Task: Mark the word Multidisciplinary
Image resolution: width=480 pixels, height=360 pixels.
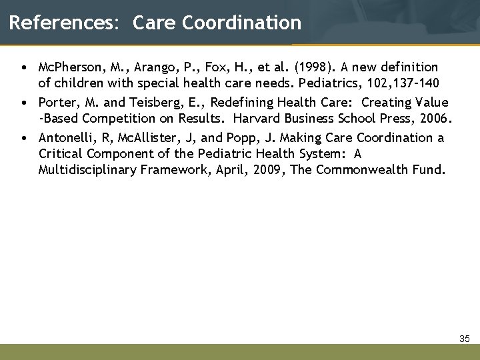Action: (87, 169)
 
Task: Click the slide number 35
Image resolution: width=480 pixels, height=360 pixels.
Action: (465, 339)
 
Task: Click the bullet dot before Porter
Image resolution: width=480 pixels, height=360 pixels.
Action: (23, 103)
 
